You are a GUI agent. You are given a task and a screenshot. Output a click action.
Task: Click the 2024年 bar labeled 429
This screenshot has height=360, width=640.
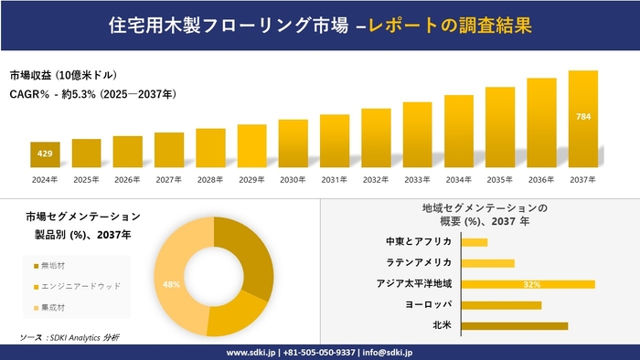[x=45, y=154]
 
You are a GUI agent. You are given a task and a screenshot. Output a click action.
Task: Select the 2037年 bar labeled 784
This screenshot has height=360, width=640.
[x=582, y=119]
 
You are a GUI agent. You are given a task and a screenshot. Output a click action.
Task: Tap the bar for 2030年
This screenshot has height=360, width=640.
[x=293, y=143]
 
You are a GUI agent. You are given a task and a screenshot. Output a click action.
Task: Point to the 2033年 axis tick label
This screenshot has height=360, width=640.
[x=417, y=179]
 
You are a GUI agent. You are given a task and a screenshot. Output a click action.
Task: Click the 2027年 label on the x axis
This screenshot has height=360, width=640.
[x=169, y=179]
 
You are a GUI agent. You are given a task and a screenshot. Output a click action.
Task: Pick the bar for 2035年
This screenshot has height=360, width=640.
[x=500, y=127]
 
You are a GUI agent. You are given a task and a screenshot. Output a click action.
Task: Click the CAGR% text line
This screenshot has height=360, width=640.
[x=92, y=93]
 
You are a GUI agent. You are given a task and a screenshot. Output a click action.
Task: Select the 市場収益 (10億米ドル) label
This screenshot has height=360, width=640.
[x=63, y=75]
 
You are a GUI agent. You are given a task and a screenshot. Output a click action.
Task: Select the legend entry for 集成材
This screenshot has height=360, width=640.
[x=56, y=307]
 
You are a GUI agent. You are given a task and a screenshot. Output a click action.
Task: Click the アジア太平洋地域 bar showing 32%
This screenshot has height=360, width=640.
[x=528, y=284]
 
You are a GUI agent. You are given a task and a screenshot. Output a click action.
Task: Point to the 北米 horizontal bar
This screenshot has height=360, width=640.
[x=514, y=325]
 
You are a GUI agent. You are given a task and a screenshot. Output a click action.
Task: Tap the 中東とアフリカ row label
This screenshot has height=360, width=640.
[x=419, y=242]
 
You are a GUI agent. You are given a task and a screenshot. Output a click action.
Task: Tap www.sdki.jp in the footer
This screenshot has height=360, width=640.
[x=253, y=352]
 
